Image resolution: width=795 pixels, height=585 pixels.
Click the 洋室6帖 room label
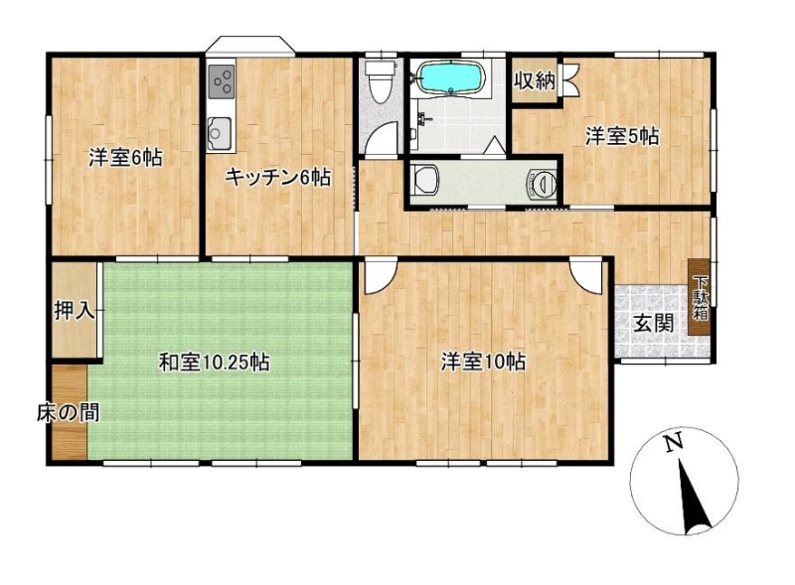[126, 158]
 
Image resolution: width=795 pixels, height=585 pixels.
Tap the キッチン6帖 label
[278, 178]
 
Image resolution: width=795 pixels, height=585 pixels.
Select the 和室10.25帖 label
[214, 362]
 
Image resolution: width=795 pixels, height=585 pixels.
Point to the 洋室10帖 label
[483, 362]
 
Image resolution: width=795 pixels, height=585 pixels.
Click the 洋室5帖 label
[622, 136]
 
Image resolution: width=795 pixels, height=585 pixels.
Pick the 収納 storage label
[536, 80]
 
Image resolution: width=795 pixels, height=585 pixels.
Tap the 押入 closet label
[75, 310]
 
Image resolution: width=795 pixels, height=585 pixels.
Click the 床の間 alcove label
[68, 413]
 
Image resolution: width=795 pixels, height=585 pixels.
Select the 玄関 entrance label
[654, 324]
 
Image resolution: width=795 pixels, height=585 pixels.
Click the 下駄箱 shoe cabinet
[701, 297]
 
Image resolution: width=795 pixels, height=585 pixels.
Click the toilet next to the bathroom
[380, 81]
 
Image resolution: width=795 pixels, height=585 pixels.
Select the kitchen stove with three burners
[222, 81]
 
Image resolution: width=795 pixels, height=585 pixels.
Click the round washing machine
[543, 182]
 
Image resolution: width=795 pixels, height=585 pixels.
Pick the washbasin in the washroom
[425, 181]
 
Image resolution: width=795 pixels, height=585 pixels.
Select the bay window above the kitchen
[250, 44]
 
